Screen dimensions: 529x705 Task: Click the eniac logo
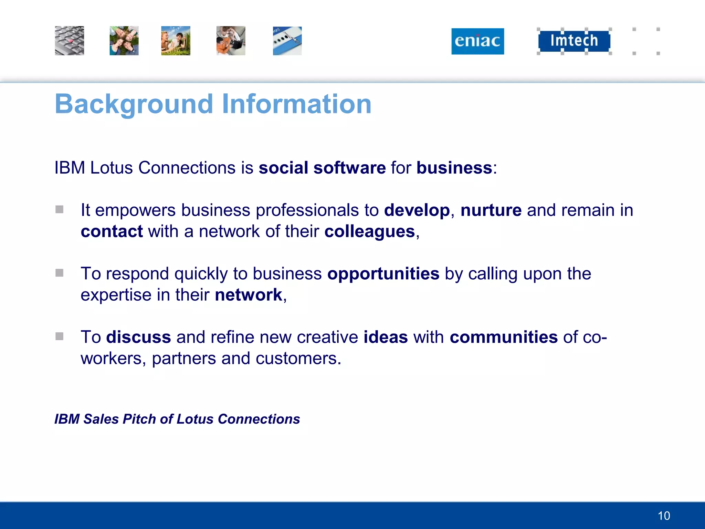pyautogui.click(x=477, y=41)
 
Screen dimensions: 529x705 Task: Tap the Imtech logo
pyautogui.click(x=574, y=41)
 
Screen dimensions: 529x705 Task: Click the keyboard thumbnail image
pyautogui.click(x=70, y=41)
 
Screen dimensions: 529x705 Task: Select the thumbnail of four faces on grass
pyautogui.click(x=124, y=41)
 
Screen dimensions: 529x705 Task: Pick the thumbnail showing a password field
pyautogui.click(x=287, y=41)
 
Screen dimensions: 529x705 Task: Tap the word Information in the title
pyautogui.click(x=296, y=104)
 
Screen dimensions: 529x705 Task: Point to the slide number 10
pyautogui.click(x=664, y=516)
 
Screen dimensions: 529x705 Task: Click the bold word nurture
pyautogui.click(x=491, y=210)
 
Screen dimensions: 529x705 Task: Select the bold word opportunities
pyautogui.click(x=383, y=274)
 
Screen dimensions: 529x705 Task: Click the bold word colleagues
pyautogui.click(x=370, y=231)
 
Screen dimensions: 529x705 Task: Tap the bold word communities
pyautogui.click(x=504, y=337)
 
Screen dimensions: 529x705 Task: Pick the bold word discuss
pyautogui.click(x=138, y=337)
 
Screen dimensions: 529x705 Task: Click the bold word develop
pyautogui.click(x=417, y=210)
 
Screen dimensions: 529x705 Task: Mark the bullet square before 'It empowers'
pyautogui.click(x=60, y=209)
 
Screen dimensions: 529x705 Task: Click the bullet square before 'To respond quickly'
pyautogui.click(x=60, y=273)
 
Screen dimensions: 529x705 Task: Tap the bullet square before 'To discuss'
pyautogui.click(x=60, y=336)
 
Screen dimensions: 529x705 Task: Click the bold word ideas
pyautogui.click(x=386, y=337)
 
